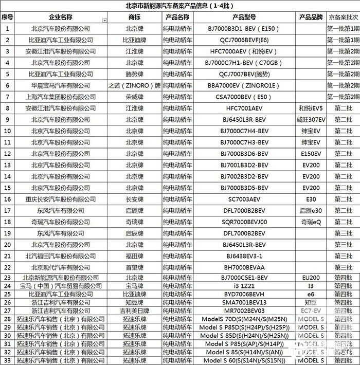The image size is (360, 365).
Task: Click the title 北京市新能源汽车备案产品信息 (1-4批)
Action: [180, 6]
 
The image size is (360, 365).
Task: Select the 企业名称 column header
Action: [60, 16]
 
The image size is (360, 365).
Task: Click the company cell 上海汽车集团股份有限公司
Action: [60, 97]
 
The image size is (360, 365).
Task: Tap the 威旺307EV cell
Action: [311, 119]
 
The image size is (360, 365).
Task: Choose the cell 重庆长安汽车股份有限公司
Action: [60, 199]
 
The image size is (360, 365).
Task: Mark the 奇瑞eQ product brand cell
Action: [311, 222]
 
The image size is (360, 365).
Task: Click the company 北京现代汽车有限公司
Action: [60, 267]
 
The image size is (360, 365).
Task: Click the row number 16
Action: [7, 199]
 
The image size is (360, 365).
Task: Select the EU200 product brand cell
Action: [311, 278]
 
